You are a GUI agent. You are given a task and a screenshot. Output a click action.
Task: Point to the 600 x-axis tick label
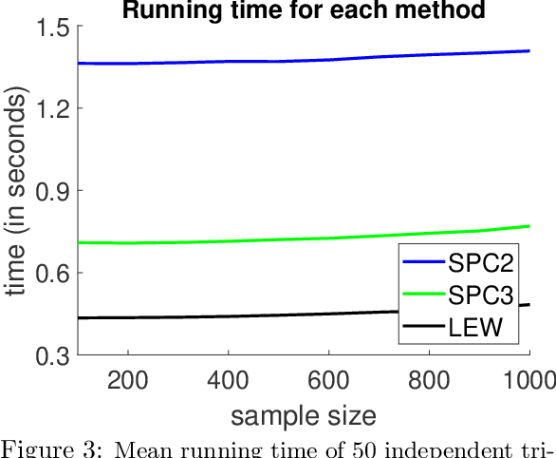tap(328, 382)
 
